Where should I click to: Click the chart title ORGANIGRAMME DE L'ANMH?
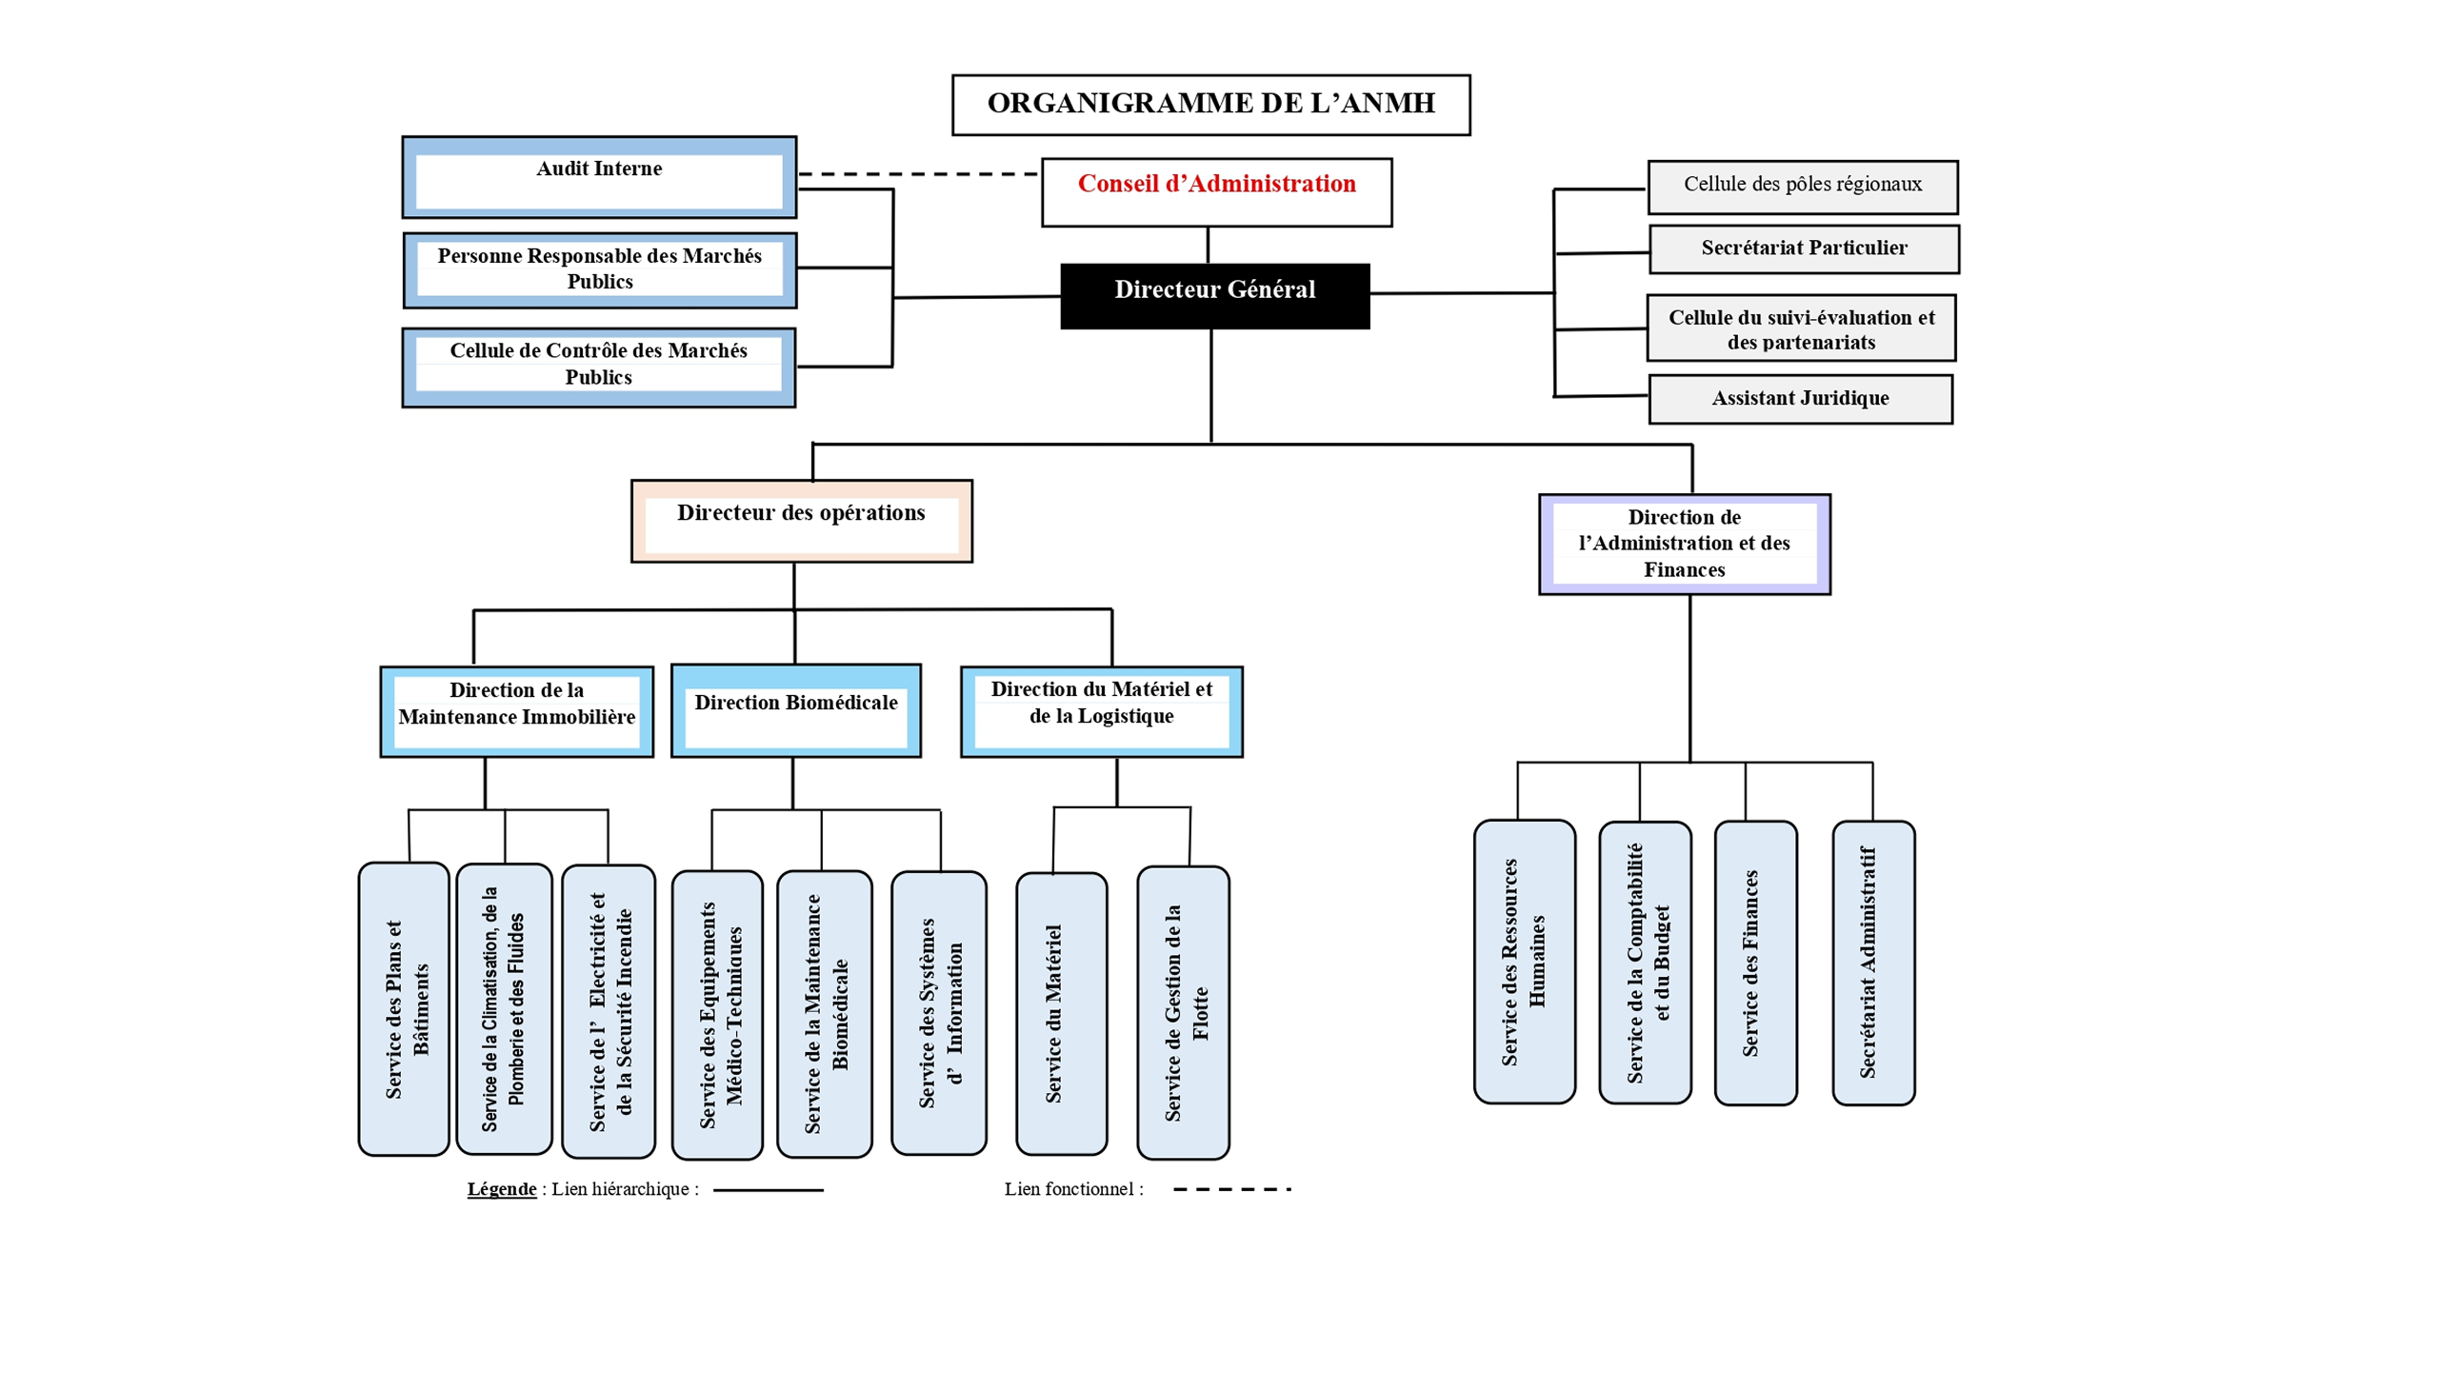tap(1209, 104)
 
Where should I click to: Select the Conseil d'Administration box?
tap(1215, 191)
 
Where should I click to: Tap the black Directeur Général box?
tap(1213, 295)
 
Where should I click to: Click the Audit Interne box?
tap(598, 177)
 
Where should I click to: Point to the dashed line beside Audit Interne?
tap(917, 174)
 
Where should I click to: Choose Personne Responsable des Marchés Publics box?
tap(598, 269)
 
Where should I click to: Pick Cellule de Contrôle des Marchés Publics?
tap(598, 366)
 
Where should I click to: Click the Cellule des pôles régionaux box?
tap(1801, 187)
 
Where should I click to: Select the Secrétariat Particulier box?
tap(1803, 248)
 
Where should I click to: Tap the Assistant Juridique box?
tap(1799, 398)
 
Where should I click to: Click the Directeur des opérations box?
tap(801, 521)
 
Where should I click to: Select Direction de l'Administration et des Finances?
tap(1684, 544)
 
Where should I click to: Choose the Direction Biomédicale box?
tap(795, 710)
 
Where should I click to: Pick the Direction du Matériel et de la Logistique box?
tap(1101, 711)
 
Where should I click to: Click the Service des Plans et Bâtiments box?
tap(403, 1008)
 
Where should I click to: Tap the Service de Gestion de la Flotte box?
tap(1182, 1012)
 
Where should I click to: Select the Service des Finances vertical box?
tap(1754, 962)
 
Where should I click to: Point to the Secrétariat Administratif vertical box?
tap(1871, 962)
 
